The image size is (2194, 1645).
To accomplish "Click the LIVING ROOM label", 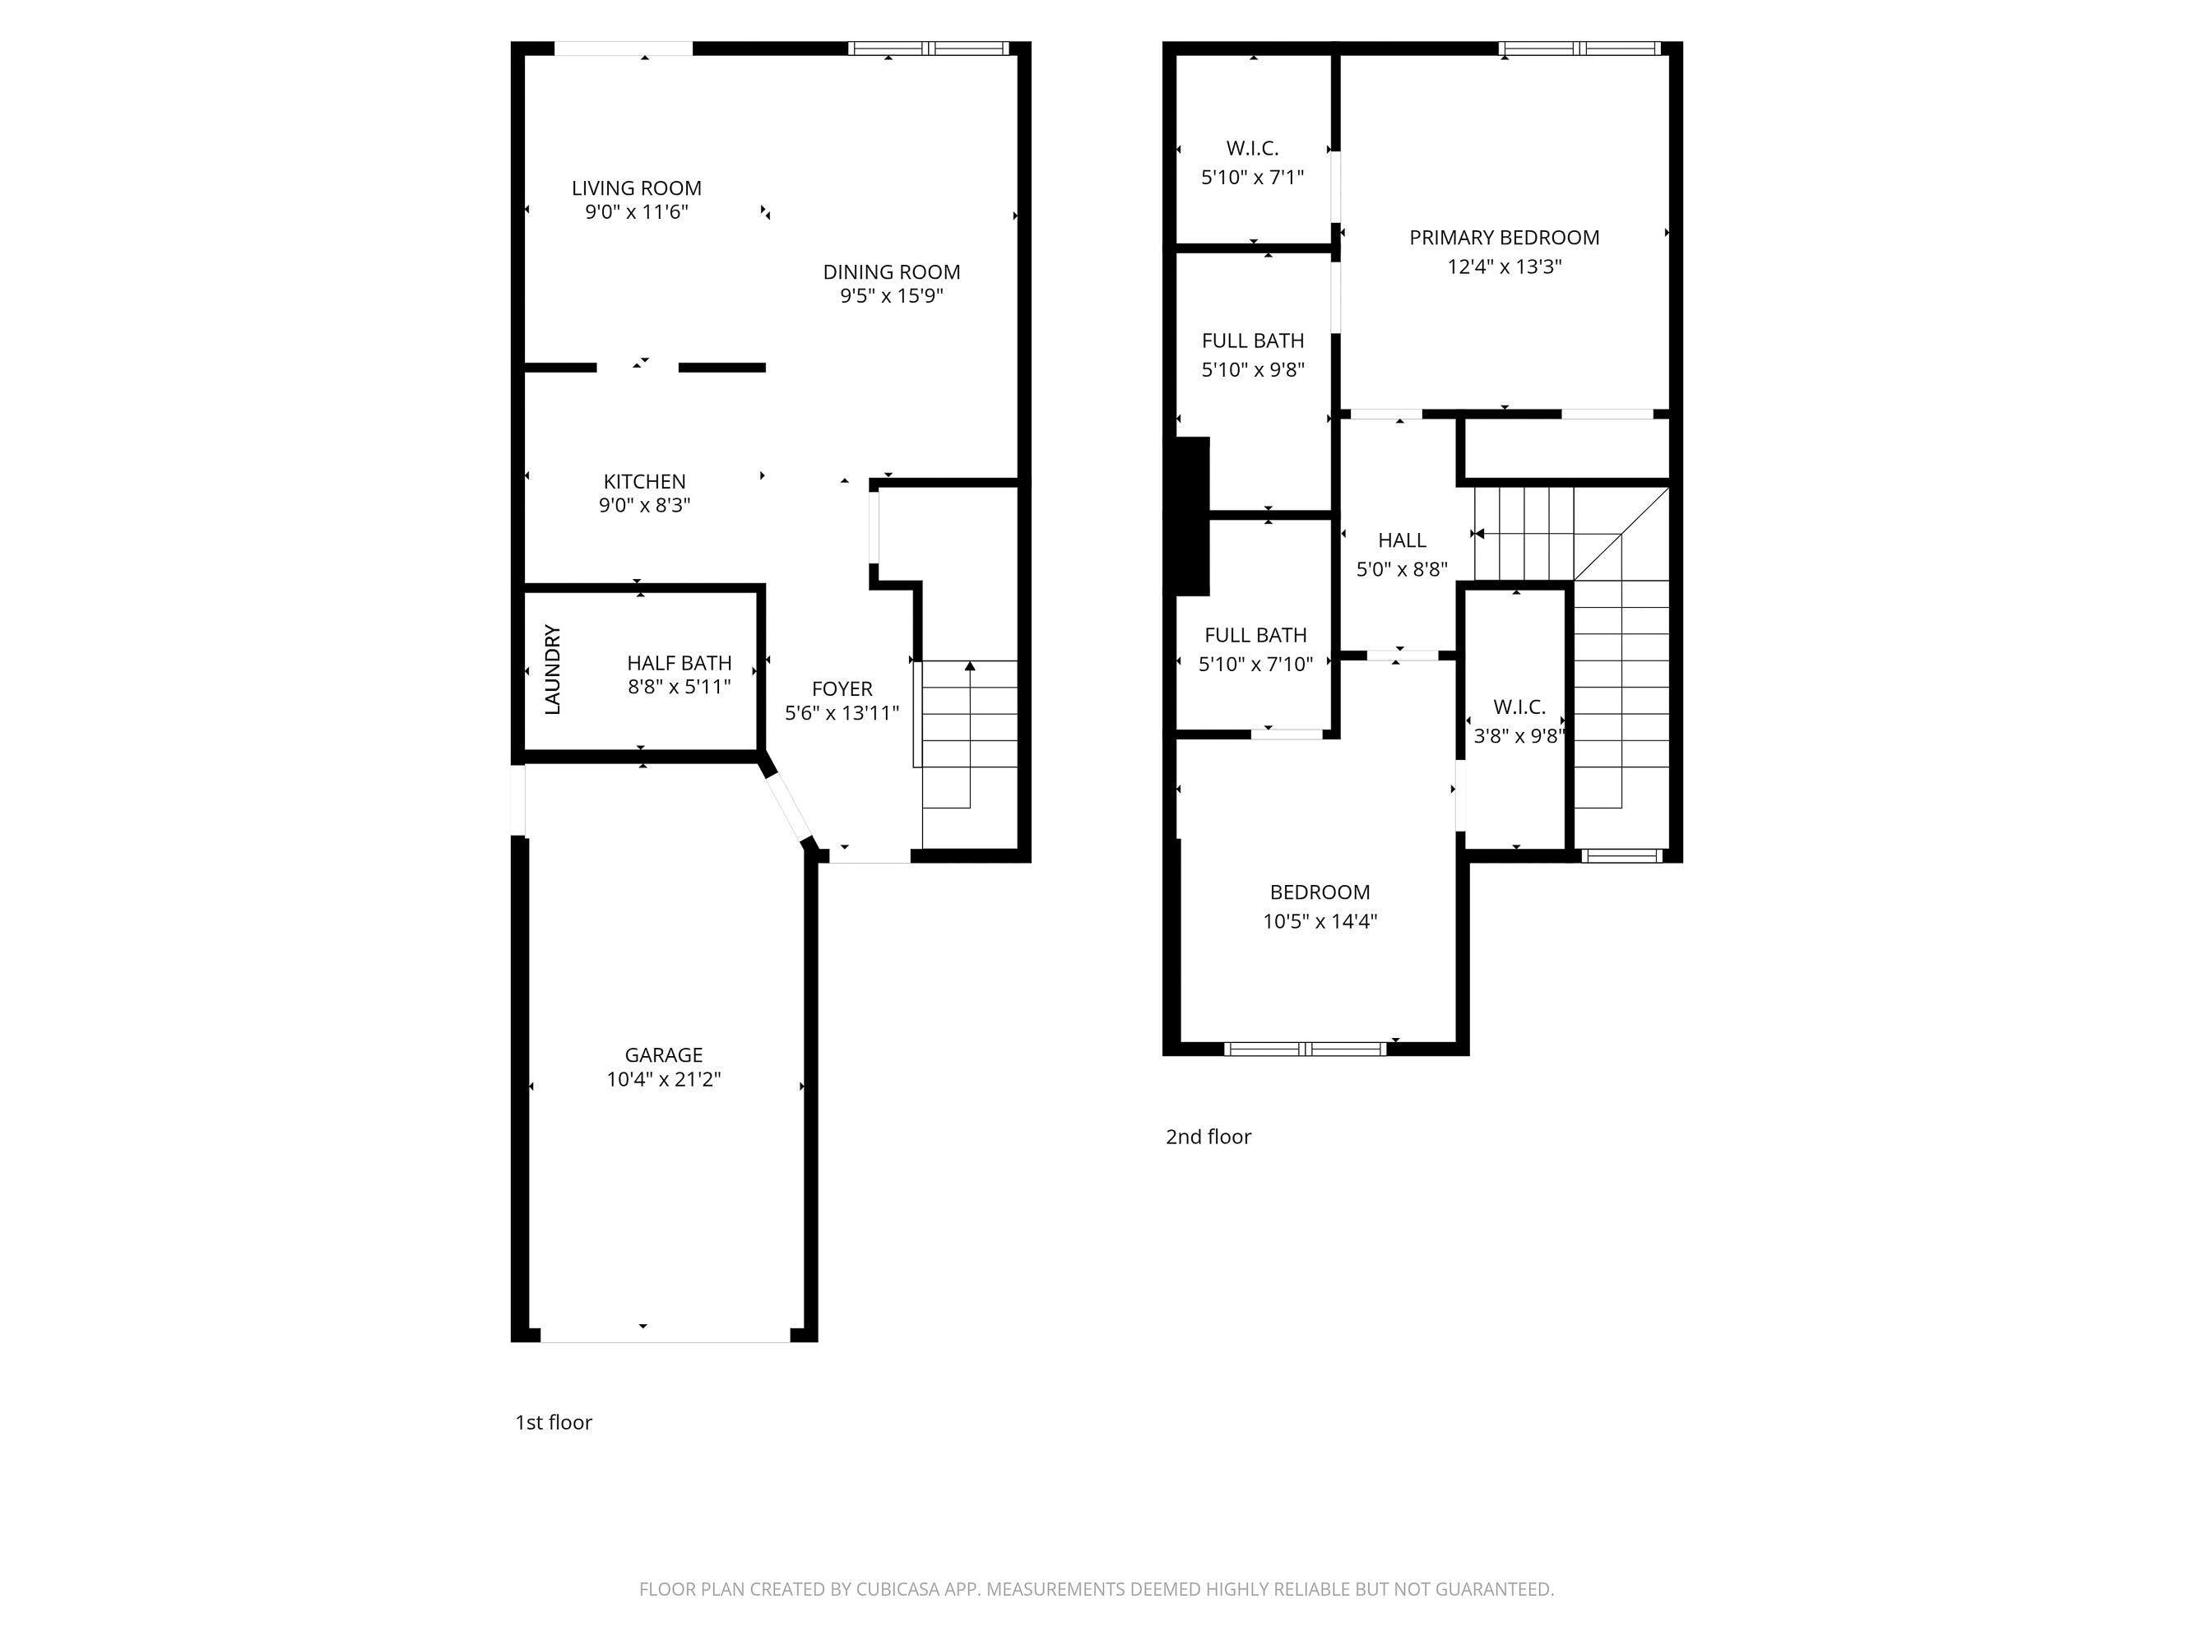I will click(x=636, y=188).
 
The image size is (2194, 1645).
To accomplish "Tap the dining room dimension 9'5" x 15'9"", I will click(x=891, y=295).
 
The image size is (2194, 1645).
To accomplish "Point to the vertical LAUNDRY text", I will click(x=554, y=670).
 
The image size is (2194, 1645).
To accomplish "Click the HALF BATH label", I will click(x=679, y=662).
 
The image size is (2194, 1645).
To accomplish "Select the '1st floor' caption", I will click(x=553, y=1422).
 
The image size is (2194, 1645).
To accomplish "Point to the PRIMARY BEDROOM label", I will click(x=1504, y=237).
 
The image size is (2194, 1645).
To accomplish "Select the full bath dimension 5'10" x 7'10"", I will click(x=1255, y=665).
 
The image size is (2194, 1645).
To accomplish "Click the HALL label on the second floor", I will click(x=1402, y=540).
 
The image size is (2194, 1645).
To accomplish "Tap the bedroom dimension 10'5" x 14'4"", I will click(x=1320, y=921).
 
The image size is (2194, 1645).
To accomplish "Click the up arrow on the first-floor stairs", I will click(x=969, y=667).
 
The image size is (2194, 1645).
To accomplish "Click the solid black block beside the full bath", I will click(x=1192, y=516).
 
